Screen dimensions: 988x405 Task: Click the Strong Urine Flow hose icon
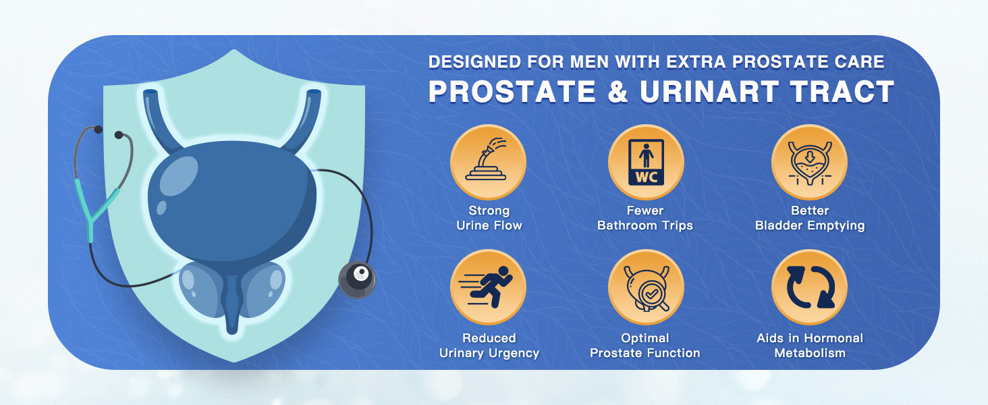tap(488, 162)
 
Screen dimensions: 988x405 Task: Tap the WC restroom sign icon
tap(646, 162)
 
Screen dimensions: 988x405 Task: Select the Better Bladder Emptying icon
tap(809, 162)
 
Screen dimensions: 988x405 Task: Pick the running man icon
tap(488, 287)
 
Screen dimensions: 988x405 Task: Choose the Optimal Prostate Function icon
tap(646, 287)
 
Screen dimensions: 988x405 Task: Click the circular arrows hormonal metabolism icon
tap(809, 287)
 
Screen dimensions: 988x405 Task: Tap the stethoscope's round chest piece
tap(357, 279)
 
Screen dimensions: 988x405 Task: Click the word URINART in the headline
tap(709, 92)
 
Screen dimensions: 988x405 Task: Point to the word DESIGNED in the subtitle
tap(474, 62)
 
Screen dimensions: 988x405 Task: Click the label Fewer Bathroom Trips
tap(645, 218)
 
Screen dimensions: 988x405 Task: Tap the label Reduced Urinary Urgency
tap(489, 346)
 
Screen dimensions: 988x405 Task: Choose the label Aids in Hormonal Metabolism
tap(810, 346)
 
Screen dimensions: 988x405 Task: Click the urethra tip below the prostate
tap(232, 330)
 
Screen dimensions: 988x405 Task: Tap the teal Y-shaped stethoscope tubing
tap(98, 207)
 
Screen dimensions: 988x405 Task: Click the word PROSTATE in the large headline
tap(512, 92)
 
